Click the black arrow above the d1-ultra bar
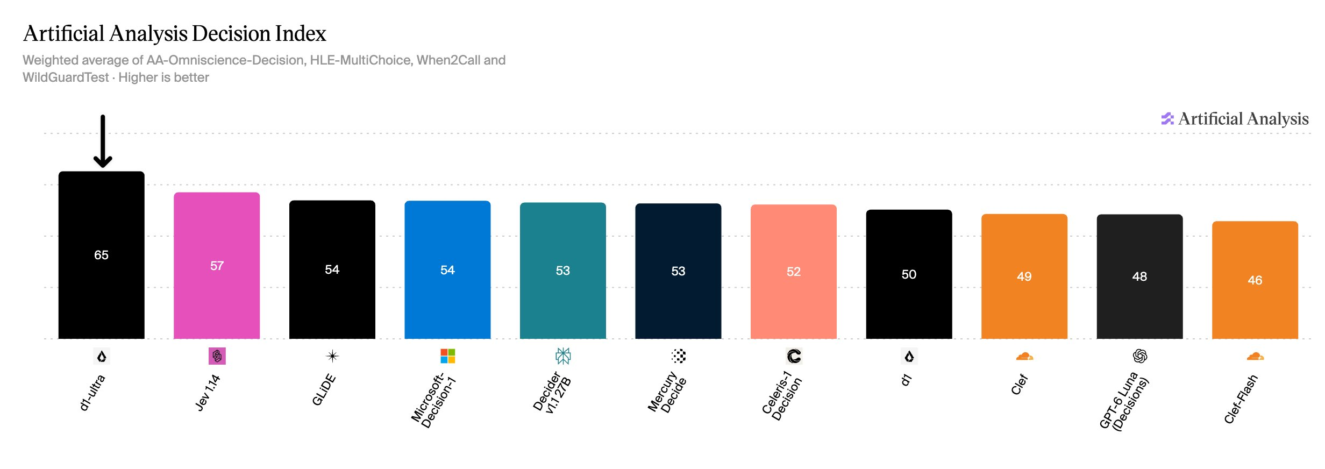coord(103,141)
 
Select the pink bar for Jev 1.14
coord(217,266)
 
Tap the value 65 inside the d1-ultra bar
coord(101,255)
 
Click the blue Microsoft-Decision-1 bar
coord(447,270)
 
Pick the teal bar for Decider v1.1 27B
coord(563,271)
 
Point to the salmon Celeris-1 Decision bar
coord(794,272)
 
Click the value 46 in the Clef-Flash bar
coord(1255,280)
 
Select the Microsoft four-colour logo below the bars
coord(447,356)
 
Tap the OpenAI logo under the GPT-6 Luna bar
coord(1140,356)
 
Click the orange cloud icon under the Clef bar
coord(1024,356)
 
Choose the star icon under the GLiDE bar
coord(332,356)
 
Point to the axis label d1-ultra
coord(92,393)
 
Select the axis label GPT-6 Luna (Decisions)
coord(1124,401)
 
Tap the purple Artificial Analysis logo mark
coord(1167,119)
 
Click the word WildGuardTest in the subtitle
coord(66,77)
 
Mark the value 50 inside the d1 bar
coord(909,274)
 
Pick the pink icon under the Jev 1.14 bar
coord(217,356)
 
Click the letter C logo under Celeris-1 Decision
coord(794,356)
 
